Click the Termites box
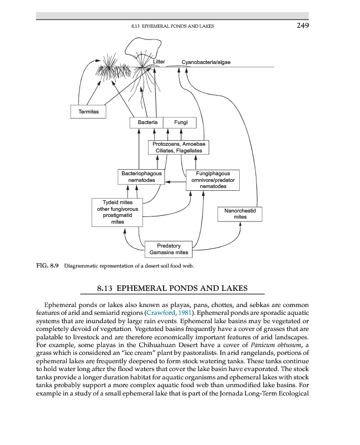[88, 112]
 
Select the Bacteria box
[147, 122]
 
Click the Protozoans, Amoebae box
[178, 147]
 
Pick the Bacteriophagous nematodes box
[141, 177]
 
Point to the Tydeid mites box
[117, 212]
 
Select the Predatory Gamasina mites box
[169, 249]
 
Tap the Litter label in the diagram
[159, 61]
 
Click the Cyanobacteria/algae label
[206, 62]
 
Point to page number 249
[302, 25]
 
